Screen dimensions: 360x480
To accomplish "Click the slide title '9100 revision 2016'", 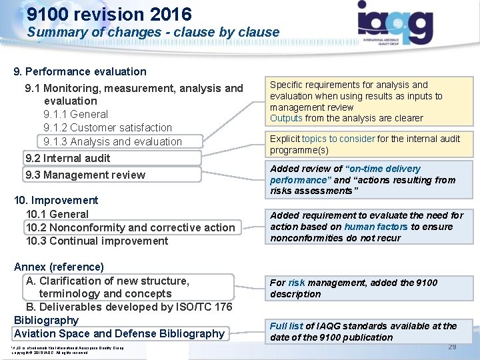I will [109, 14].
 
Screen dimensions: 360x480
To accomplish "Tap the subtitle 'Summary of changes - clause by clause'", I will [153, 32].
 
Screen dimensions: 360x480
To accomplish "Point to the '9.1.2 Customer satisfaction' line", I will [107, 127].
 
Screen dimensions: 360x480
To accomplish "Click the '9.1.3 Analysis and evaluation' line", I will [112, 141].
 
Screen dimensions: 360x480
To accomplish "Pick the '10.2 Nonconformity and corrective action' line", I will [130, 227].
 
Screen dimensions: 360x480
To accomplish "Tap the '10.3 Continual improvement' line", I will [97, 241].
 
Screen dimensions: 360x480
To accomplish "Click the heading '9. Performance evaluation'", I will [80, 71].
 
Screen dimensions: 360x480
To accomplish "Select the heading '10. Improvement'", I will [56, 200].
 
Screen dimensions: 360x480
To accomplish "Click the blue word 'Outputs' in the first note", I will [286, 118].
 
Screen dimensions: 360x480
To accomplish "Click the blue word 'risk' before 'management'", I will [297, 283].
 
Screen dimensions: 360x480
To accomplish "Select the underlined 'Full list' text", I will [287, 326].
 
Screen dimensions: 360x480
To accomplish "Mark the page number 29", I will [452, 347].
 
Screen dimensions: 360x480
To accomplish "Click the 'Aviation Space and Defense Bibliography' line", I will [119, 333].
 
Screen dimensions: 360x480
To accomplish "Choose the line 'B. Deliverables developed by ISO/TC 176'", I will [129, 307].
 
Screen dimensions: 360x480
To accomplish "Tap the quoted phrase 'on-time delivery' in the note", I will [384, 169].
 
